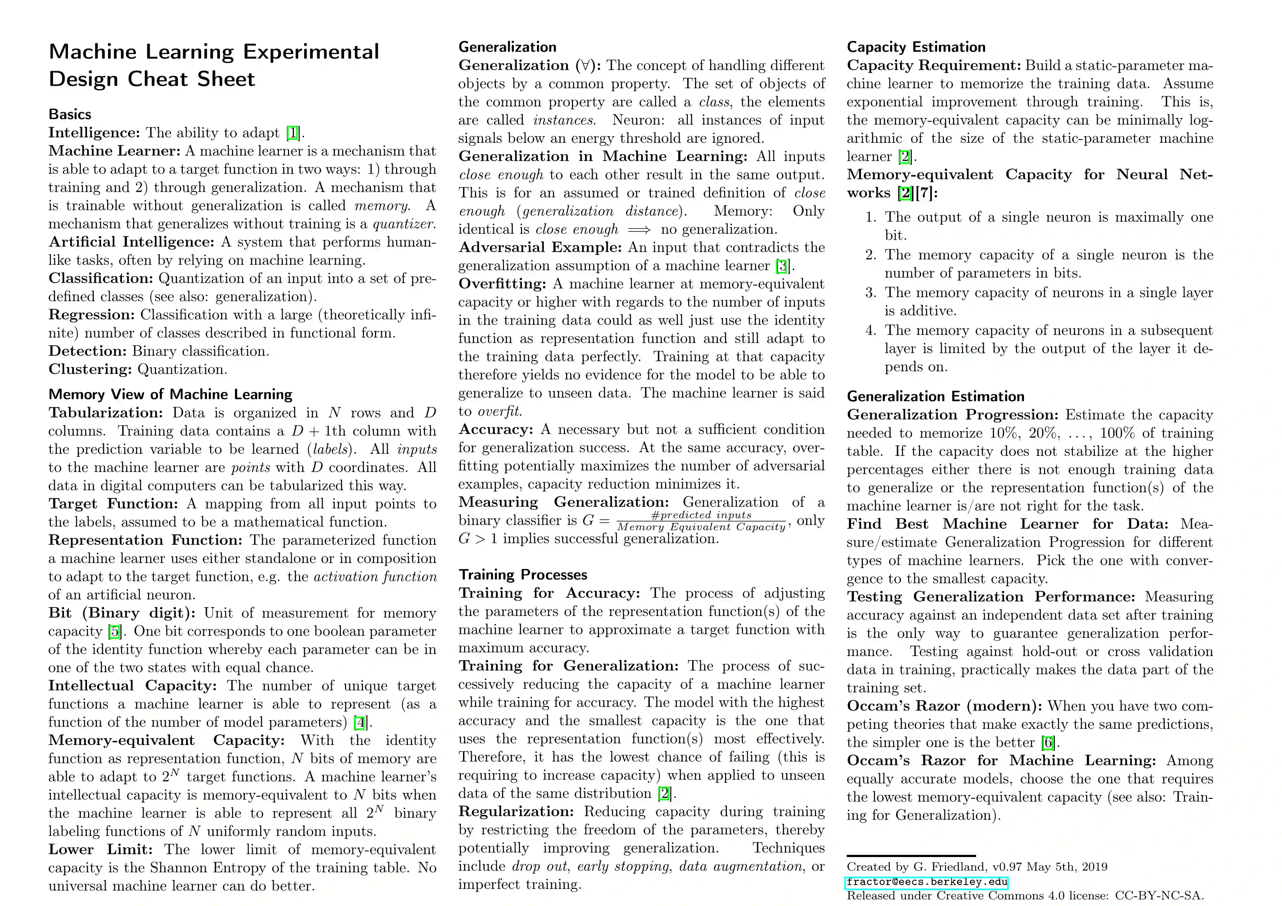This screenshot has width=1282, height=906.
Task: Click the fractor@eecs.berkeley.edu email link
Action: pos(926,882)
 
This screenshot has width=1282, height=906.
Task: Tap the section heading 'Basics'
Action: pos(70,114)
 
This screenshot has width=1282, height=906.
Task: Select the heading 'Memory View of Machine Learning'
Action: pos(170,395)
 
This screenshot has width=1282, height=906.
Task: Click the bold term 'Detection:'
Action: pos(88,351)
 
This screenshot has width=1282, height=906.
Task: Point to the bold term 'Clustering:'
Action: pos(91,370)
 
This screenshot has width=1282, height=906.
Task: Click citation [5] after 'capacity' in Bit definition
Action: pos(114,631)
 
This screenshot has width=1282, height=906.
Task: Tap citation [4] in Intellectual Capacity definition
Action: pos(360,722)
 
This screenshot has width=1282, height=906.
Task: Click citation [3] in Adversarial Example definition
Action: pos(783,266)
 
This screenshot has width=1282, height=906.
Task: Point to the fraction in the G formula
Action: pos(701,521)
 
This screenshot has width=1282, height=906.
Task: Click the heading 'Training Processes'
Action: pos(523,575)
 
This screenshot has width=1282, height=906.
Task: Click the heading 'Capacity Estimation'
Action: pos(916,47)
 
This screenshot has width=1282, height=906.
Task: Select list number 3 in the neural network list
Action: pos(871,293)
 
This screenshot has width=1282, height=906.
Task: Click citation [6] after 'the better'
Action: pos(1048,743)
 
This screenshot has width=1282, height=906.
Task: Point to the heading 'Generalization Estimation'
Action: pos(935,396)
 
